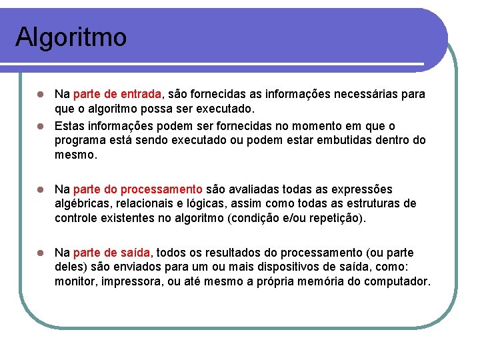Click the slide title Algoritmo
71,37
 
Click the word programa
81,141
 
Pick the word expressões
363,189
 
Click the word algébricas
84,203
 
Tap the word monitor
75,281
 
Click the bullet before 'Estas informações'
41,126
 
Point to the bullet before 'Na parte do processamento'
41,189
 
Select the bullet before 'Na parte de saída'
41,253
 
